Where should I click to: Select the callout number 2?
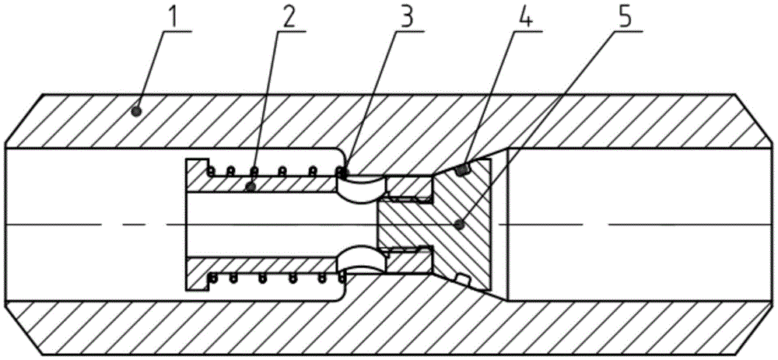click(x=289, y=17)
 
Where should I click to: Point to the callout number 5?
click(x=624, y=17)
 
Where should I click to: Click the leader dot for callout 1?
click(x=136, y=111)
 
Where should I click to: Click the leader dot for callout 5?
click(x=461, y=225)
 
